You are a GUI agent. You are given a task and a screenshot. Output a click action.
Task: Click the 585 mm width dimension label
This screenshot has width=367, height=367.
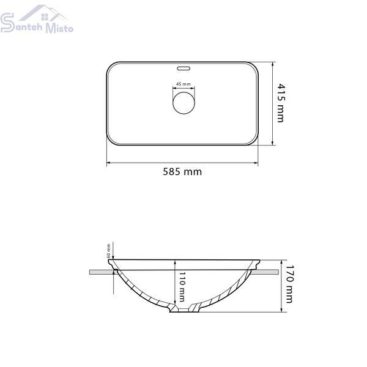(182, 171)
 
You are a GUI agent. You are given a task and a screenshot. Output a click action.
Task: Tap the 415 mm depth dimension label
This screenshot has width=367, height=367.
(281, 103)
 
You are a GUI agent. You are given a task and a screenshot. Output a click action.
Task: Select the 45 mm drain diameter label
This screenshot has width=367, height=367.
(183, 84)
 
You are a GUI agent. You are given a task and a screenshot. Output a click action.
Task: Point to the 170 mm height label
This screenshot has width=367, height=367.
(289, 284)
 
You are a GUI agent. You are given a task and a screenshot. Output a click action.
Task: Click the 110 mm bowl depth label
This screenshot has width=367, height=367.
(182, 287)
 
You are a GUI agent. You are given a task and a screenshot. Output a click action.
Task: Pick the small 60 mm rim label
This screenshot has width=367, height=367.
(108, 251)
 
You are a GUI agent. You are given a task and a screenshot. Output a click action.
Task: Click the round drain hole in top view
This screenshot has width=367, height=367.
(183, 103)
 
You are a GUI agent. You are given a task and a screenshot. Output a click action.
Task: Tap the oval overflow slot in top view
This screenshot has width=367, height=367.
(183, 69)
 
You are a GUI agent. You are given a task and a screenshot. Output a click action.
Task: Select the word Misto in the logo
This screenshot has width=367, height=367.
(59, 28)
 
